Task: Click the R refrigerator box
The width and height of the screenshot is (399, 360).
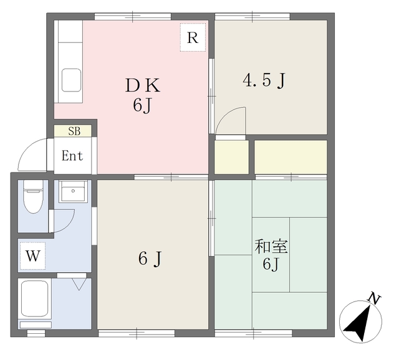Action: pos(193,37)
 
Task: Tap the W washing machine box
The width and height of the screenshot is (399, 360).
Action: pos(33,255)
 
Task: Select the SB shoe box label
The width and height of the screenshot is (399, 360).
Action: pos(74,131)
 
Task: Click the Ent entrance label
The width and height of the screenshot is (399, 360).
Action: pos(72,156)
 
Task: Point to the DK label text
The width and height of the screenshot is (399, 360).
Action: pos(143,85)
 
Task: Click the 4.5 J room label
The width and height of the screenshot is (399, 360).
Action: pos(264,80)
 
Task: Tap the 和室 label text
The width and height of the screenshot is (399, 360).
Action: pos(271,247)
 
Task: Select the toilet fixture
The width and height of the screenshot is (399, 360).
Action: pos(33,196)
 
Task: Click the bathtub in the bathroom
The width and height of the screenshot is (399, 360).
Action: pos(35,299)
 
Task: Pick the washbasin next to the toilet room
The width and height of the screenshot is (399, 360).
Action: pos(73,191)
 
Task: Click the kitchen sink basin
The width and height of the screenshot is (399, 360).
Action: pos(72,80)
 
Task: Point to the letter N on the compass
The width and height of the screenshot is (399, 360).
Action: pos(374,298)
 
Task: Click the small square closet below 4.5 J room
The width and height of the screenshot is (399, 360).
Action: pos(231,157)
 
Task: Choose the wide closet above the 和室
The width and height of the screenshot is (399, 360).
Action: pos(291,157)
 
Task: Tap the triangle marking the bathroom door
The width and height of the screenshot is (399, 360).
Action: pos(79,284)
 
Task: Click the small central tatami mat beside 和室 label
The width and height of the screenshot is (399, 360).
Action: pos(271,255)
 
